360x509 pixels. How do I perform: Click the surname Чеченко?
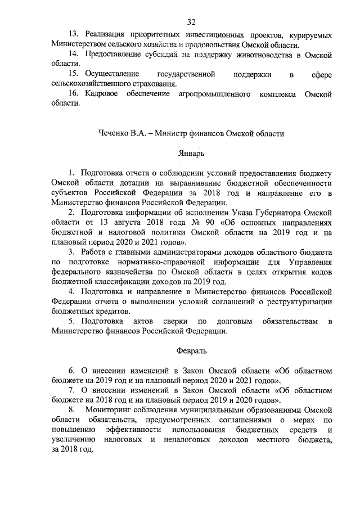click(x=114, y=133)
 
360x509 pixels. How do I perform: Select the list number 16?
click(x=73, y=95)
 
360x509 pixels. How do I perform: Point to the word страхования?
click(x=149, y=85)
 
